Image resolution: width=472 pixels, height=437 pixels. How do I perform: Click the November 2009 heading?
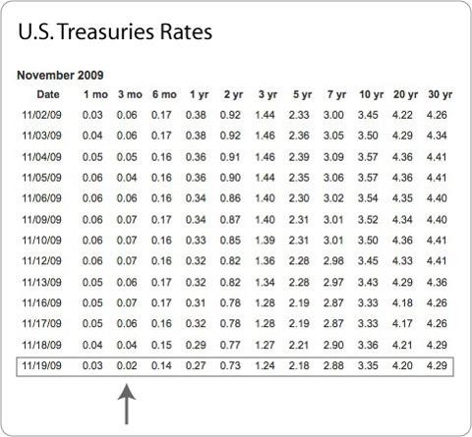60,76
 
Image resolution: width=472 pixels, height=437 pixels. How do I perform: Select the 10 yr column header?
372,94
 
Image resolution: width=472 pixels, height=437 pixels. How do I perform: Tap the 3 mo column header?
130,94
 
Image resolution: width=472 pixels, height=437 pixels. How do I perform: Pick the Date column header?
48,94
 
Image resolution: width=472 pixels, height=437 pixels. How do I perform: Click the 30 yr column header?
441,94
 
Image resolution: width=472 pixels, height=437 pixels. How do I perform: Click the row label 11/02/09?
41,115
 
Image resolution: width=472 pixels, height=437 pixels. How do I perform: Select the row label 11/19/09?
41,365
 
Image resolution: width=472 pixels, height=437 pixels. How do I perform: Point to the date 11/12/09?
41,261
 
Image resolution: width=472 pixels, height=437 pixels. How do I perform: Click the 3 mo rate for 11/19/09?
127,365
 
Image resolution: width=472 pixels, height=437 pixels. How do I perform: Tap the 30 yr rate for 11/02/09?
437,115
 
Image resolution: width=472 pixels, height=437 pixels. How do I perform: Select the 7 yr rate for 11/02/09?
333,115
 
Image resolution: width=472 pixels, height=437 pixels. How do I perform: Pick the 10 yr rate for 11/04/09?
368,157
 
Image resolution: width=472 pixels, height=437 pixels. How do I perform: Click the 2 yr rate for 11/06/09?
230,198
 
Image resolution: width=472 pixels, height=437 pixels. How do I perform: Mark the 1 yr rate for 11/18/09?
196,345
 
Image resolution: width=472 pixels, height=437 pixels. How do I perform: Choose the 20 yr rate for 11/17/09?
402,323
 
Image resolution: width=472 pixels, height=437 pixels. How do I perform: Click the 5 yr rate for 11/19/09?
299,365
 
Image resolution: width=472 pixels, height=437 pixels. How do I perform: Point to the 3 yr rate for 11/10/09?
265,241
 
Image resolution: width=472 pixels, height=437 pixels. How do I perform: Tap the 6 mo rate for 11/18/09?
161,345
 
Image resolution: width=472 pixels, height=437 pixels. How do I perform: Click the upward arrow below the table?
127,405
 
